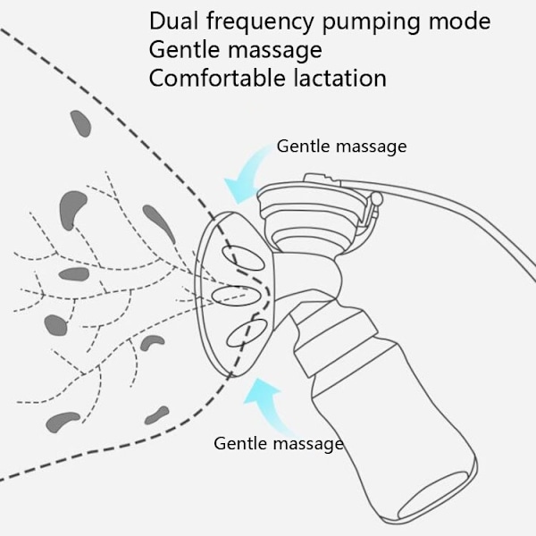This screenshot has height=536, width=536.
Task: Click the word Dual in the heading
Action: [173, 21]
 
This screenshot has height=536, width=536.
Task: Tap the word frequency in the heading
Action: [260, 23]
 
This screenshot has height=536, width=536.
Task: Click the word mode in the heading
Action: [459, 21]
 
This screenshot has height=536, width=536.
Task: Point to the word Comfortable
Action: [217, 78]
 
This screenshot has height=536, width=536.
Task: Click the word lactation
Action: [340, 78]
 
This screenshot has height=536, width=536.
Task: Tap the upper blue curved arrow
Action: [248, 173]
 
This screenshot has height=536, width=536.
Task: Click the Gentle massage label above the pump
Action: [341, 147]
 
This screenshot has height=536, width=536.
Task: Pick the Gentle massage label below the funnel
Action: [279, 444]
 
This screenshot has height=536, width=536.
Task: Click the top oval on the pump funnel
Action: [243, 258]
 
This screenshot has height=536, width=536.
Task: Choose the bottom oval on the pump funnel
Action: [247, 333]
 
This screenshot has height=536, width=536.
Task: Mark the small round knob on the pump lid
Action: [376, 198]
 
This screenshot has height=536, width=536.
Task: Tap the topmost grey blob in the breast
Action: [81, 123]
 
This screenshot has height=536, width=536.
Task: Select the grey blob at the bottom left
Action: [63, 422]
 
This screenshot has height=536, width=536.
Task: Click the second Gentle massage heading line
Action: [236, 50]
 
